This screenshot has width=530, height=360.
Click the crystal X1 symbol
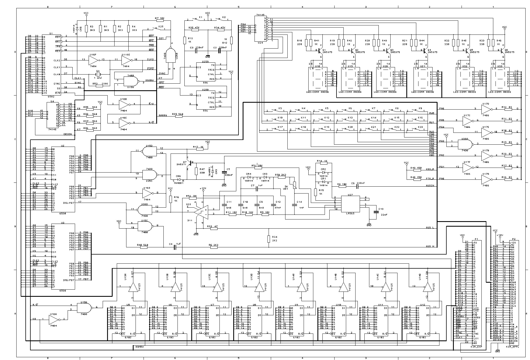click(x=98, y=74)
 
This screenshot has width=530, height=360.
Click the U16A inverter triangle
click(x=53, y=320)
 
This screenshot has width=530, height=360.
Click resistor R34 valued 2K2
click(x=268, y=239)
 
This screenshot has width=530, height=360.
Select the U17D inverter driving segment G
click(x=485, y=109)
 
